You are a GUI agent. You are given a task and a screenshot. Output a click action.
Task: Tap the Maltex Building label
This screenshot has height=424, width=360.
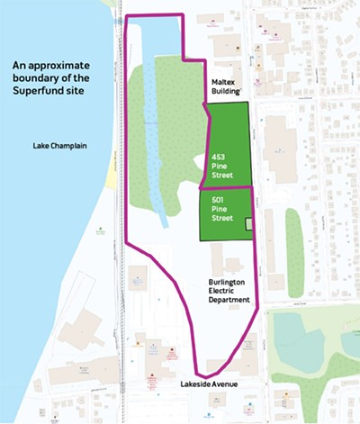coord(225,88)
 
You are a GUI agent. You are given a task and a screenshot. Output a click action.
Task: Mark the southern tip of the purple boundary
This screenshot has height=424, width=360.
coord(206,374)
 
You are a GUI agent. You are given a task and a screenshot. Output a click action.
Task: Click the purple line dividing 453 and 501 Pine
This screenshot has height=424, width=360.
coord(225,188)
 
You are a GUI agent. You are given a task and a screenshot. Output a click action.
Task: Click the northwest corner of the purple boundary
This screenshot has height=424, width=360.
coord(124,18)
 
